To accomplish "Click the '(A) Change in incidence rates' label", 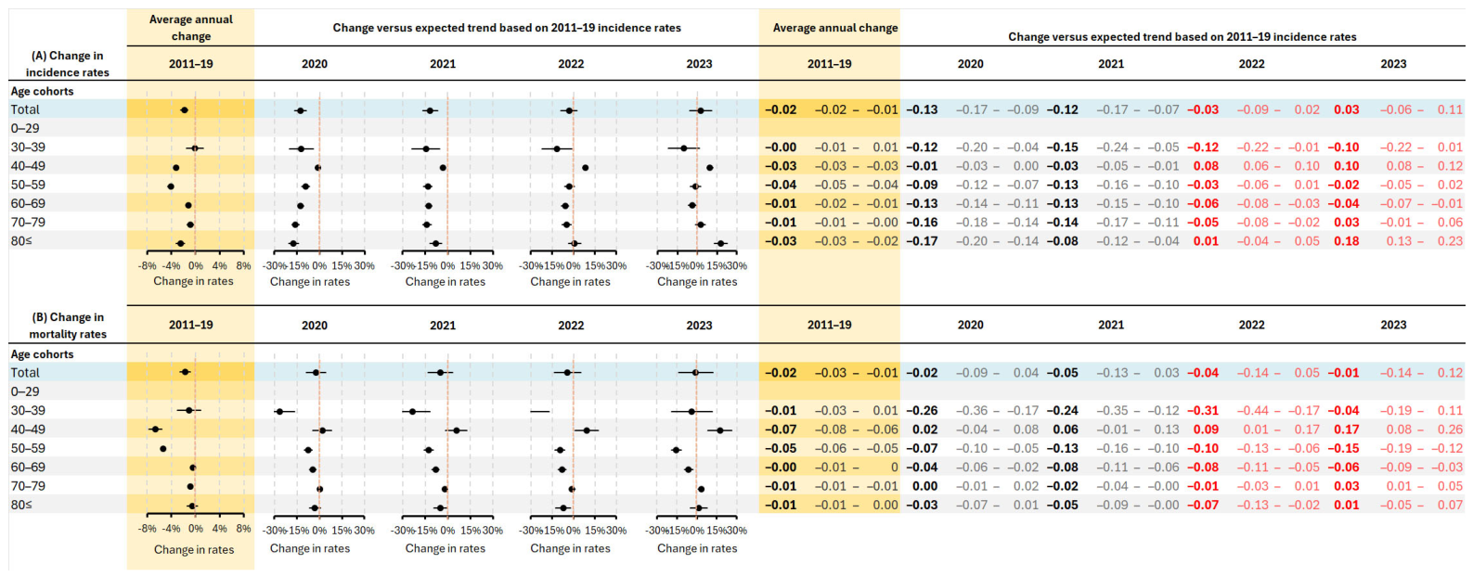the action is pyautogui.click(x=68, y=64).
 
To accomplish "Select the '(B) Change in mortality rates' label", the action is pyautogui.click(x=68, y=326).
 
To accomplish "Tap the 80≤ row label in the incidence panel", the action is pyautogui.click(x=21, y=241).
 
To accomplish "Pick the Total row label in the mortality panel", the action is pyautogui.click(x=25, y=373).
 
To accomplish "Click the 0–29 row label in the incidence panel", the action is pyautogui.click(x=25, y=128).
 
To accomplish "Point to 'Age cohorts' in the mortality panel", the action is pyautogui.click(x=42, y=354).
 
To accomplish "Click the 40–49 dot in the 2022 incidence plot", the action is pyautogui.click(x=586, y=168).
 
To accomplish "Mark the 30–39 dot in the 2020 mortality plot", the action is pyautogui.click(x=279, y=411).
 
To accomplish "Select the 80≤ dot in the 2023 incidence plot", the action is pyautogui.click(x=720, y=243).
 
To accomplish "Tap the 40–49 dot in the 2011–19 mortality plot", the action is pyautogui.click(x=155, y=430).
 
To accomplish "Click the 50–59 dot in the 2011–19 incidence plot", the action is pyautogui.click(x=171, y=186).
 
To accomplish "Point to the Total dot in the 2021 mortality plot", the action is pyautogui.click(x=440, y=373).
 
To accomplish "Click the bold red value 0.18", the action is pyautogui.click(x=1347, y=241).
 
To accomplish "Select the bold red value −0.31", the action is pyautogui.click(x=1204, y=411).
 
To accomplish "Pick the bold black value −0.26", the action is pyautogui.click(x=922, y=411).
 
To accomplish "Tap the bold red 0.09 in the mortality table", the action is pyautogui.click(x=1206, y=430).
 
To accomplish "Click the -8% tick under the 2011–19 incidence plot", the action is pyautogui.click(x=147, y=266).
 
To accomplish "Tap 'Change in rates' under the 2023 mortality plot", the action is pyautogui.click(x=697, y=549).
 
